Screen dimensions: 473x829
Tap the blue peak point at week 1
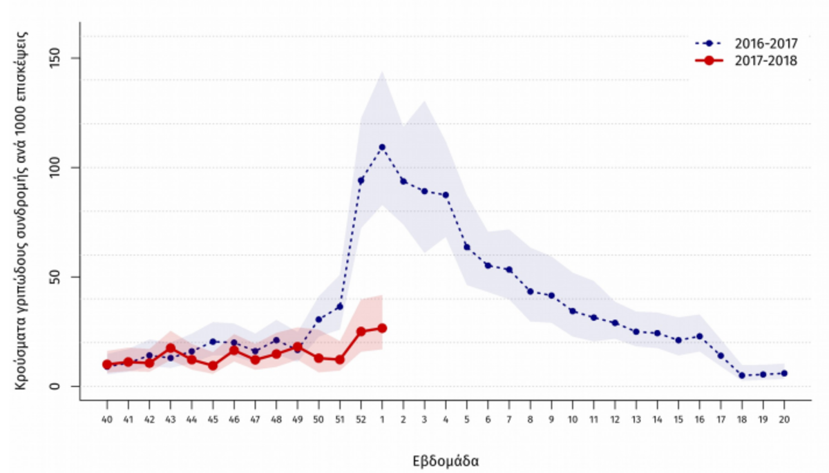click(382, 147)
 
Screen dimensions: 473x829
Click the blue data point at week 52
click(361, 180)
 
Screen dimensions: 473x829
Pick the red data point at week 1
click(382, 328)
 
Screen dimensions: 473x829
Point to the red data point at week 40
click(107, 365)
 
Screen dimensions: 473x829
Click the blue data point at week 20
click(784, 373)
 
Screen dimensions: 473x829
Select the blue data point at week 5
click(467, 247)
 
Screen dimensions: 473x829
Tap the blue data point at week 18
click(742, 376)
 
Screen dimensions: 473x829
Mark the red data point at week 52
click(361, 331)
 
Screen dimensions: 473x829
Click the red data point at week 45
click(213, 366)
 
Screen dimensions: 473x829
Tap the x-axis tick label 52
click(361, 420)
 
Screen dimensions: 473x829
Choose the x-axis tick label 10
click(573, 420)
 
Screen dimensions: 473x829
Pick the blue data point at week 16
click(700, 336)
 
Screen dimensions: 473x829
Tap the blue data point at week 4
click(446, 195)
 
